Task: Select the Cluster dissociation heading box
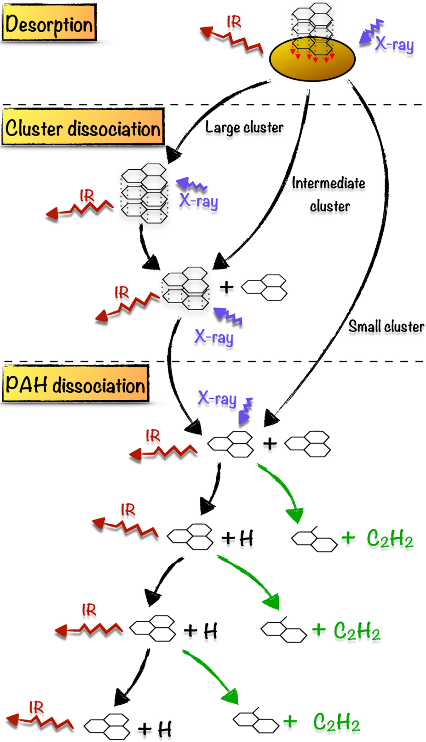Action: [x=83, y=127]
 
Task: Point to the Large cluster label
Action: [x=244, y=127]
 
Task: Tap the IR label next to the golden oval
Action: [x=234, y=22]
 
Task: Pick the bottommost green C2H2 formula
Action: [x=337, y=722]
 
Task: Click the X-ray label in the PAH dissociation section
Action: [x=217, y=398]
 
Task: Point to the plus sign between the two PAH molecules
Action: [x=270, y=444]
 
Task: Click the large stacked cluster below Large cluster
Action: [x=144, y=193]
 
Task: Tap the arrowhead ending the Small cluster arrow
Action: [x=272, y=418]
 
